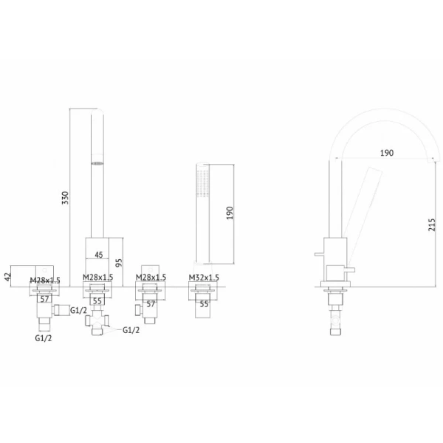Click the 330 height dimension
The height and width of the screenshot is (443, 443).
tap(65, 197)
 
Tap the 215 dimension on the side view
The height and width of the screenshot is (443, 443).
tap(432, 224)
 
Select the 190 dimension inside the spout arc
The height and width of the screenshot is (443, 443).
tap(386, 153)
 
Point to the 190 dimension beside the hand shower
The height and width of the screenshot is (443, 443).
tap(230, 213)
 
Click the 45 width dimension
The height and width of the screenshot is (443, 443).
tap(99, 255)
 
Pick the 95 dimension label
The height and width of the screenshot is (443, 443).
tap(119, 262)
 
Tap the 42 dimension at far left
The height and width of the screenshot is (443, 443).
tap(8, 277)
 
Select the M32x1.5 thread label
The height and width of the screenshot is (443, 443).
tap(204, 278)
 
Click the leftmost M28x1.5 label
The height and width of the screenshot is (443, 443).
tap(45, 281)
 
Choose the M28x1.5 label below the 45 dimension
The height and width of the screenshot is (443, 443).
tap(97, 278)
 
